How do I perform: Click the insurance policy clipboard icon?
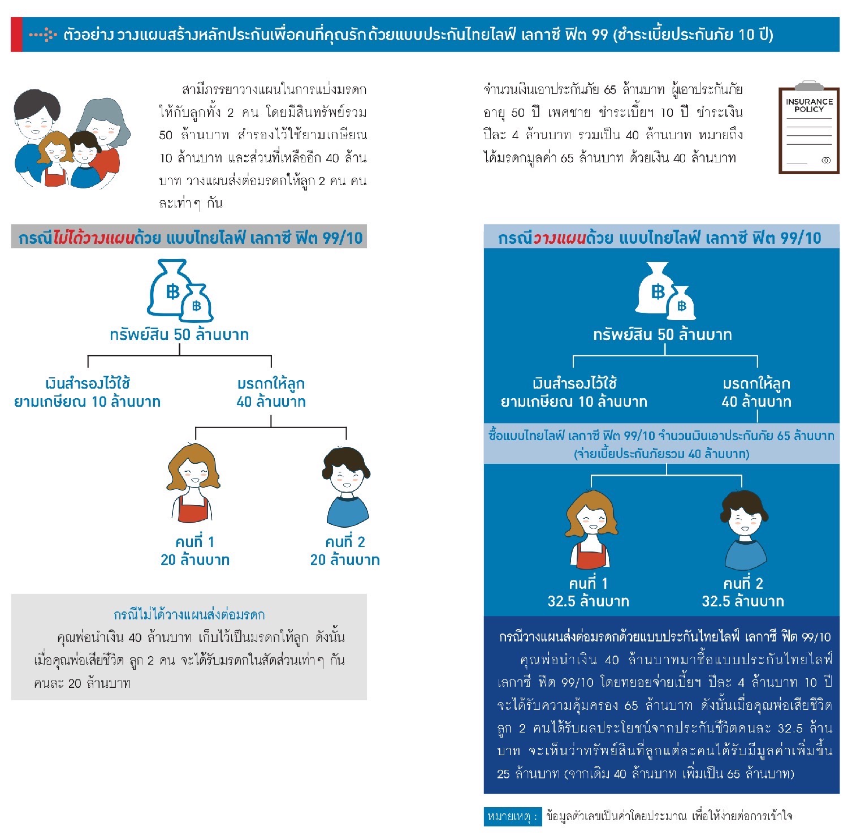808,128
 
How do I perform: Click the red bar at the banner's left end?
16,35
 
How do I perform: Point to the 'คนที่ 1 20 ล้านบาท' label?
195,551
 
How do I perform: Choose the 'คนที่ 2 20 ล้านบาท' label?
345,551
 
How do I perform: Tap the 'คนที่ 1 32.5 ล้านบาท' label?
588,592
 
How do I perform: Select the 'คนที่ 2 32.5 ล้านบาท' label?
743,592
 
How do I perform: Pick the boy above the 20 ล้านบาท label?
346,485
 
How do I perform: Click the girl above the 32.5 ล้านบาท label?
590,529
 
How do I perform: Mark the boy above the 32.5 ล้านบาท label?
744,529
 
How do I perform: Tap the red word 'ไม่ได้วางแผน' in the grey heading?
94,238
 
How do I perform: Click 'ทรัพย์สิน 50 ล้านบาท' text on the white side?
179,335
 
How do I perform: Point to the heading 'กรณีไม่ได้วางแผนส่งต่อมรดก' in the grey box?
189,615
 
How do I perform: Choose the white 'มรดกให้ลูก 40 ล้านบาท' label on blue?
756,393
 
